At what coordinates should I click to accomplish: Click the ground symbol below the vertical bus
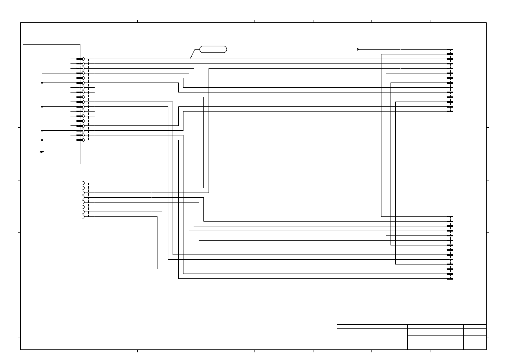pos(42,152)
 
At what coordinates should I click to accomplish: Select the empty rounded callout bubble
pos(213,49)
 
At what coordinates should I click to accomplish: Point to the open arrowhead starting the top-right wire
pos(358,49)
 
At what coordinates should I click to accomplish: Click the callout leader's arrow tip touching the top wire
pos(190,58)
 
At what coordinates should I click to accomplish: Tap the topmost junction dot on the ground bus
pos(42,83)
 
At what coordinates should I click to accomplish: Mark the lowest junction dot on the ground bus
pos(42,140)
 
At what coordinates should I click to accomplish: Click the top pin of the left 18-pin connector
pos(79,59)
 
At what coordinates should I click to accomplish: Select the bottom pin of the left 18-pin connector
pos(79,140)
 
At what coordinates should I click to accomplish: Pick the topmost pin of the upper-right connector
pos(450,49)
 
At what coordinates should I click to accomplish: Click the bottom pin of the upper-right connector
pos(450,112)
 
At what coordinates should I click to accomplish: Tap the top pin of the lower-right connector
pos(450,216)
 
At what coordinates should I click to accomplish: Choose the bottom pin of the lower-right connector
pos(450,279)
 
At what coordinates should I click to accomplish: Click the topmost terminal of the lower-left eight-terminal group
pos(83,183)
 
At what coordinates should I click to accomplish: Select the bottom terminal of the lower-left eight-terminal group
pos(83,216)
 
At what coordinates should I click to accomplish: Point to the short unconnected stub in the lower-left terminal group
pos(92,207)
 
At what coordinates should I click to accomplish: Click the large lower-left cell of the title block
pos(372,339)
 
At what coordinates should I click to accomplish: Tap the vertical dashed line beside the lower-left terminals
pos(89,199)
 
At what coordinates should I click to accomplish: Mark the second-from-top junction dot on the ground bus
pos(42,107)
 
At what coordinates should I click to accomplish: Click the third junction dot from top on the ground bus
pos(42,131)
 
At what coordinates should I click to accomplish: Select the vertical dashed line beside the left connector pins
pos(89,100)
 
